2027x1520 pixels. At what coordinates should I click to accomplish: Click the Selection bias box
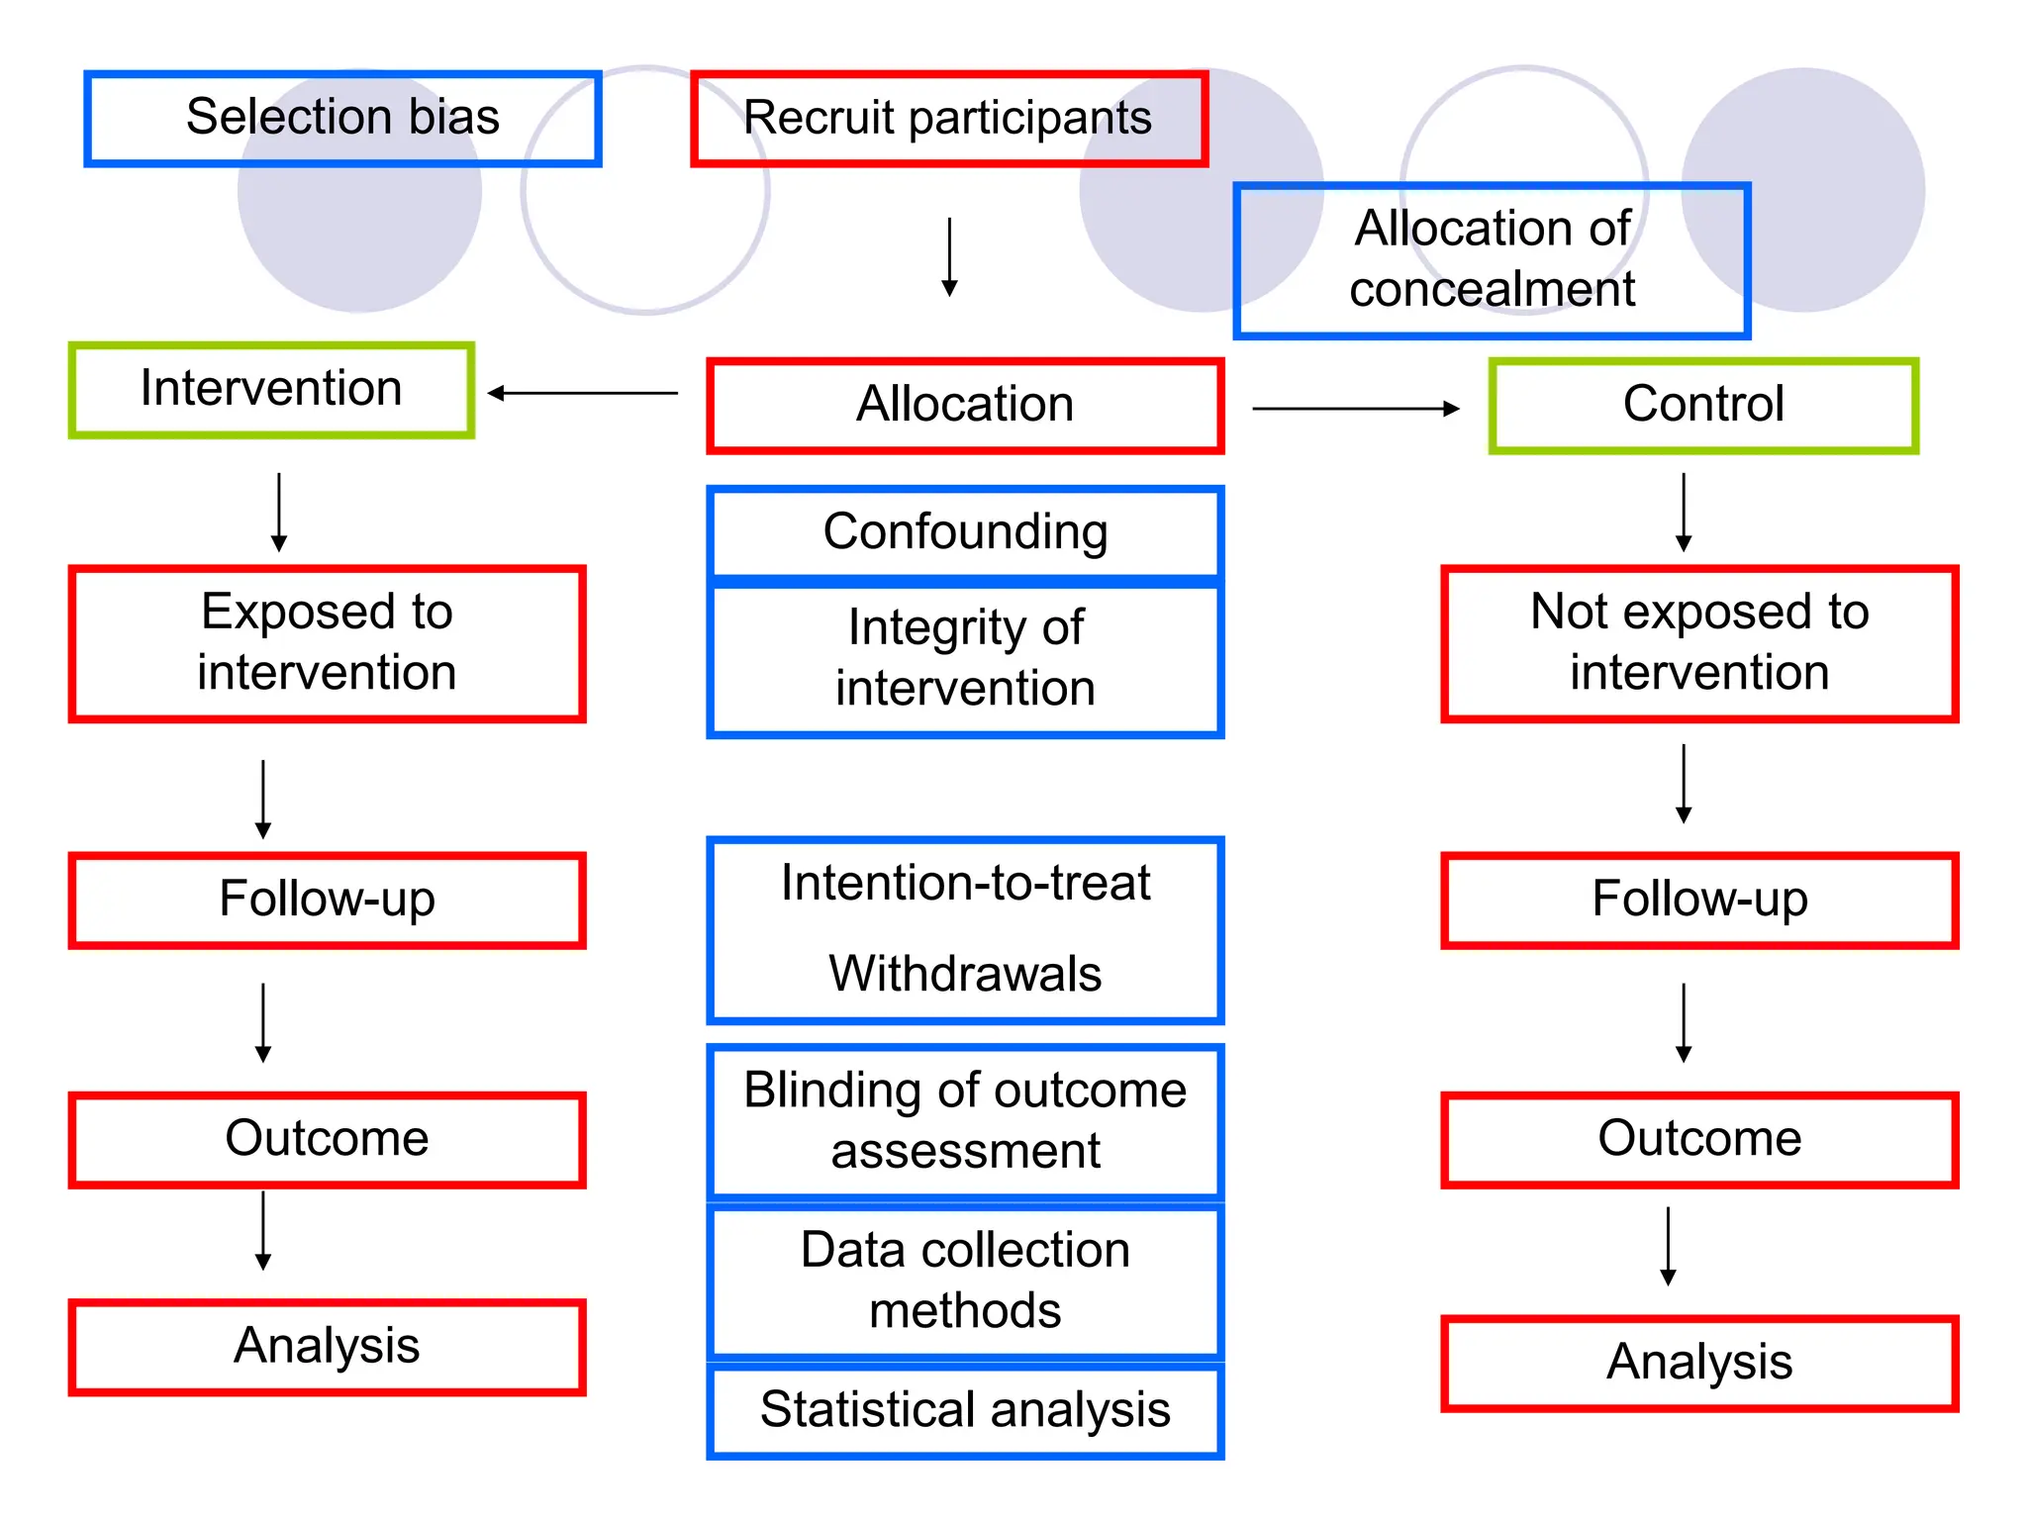tap(342, 118)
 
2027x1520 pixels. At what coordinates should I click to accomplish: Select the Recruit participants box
tap(948, 118)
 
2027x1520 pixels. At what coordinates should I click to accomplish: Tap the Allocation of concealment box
tap(1492, 259)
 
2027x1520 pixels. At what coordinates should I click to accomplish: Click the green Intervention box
tap(271, 389)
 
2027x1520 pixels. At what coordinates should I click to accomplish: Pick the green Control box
tap(1702, 405)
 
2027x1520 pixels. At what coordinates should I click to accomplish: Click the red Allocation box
tap(965, 405)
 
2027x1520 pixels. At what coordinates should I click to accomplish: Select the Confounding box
tap(965, 531)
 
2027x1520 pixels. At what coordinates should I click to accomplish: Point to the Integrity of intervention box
tap(965, 658)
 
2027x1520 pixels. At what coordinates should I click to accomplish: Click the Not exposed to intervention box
tap(1698, 642)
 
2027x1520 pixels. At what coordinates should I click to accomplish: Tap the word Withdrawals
tap(965, 974)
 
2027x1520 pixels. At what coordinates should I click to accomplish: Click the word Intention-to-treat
tap(965, 883)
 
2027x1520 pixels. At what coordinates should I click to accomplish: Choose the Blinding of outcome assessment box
tap(965, 1120)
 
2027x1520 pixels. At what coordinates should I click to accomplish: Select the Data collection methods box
tap(965, 1281)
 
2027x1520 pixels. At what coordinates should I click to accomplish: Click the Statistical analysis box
tap(965, 1410)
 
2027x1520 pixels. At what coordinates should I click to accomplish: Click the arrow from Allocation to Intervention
tap(584, 393)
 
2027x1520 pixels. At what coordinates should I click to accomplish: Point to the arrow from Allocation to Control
tap(1356, 408)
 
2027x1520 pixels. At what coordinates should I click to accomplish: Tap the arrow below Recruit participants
tap(949, 257)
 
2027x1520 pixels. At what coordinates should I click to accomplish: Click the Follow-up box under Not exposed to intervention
tap(1698, 900)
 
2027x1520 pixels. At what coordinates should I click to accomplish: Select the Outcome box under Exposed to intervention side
tap(327, 1139)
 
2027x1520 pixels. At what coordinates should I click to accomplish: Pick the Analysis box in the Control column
tap(1698, 1363)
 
